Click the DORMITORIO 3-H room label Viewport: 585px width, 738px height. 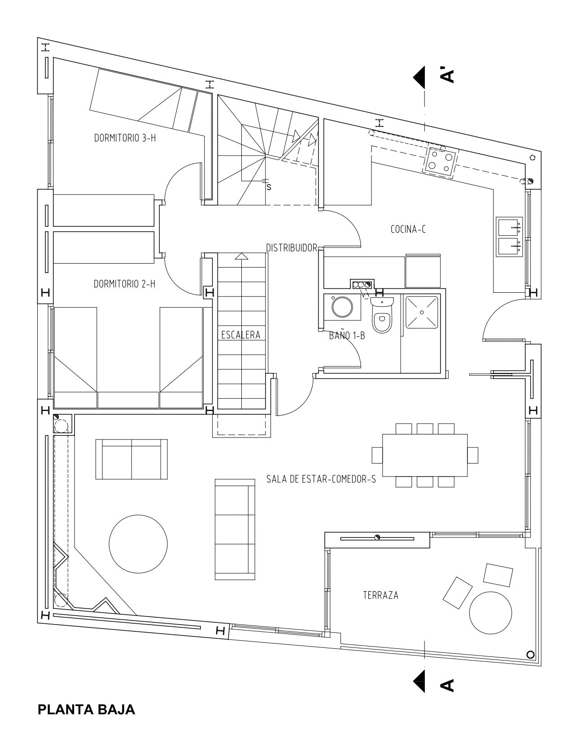125,138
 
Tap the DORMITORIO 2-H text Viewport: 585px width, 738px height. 125,284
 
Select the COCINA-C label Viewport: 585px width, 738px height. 408,229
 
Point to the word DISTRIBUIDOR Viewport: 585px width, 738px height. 292,248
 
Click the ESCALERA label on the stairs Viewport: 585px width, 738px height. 241,335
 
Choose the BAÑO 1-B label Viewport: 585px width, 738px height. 347,336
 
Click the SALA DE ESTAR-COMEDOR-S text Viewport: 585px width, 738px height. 321,479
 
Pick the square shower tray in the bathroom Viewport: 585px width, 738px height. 422,312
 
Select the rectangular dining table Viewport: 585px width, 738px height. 425,455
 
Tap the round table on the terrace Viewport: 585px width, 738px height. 490,612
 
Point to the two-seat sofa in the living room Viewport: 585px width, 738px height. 131,459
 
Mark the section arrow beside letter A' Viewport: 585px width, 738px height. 419,77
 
